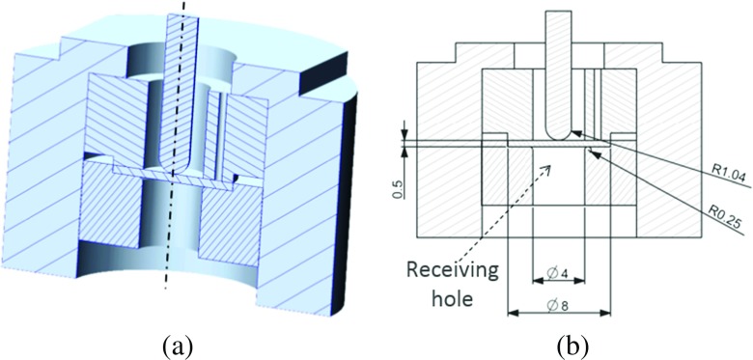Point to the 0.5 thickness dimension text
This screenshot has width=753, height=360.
pos(398,184)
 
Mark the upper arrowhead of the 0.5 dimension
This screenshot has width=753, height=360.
pos(404,133)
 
